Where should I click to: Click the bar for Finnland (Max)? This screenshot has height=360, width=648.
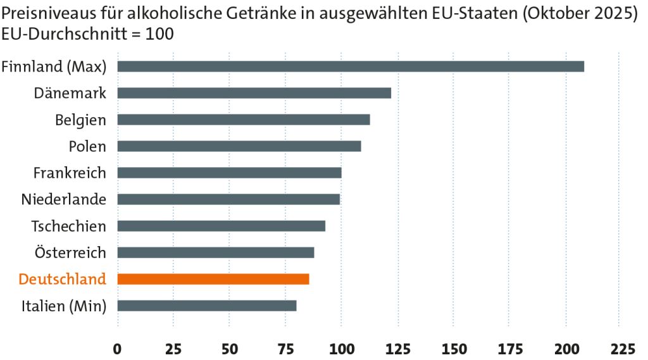351,66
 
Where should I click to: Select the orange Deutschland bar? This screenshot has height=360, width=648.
213,279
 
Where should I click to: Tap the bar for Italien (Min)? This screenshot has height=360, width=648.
207,306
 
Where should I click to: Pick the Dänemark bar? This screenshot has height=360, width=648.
254,93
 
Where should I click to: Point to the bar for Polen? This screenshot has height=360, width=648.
239,146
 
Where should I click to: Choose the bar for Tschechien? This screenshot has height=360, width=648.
221,226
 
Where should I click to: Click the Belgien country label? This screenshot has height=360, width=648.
80,120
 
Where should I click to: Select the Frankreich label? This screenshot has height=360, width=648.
70,173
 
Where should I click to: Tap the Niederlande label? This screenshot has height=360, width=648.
63,199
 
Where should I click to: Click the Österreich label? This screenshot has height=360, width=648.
70,252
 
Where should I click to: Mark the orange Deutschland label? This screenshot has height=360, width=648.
62,279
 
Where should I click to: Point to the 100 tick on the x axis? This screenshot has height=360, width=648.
341,349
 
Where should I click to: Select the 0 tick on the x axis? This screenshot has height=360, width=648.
118,349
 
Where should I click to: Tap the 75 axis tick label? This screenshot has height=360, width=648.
285,349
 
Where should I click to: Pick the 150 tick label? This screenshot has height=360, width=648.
454,349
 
